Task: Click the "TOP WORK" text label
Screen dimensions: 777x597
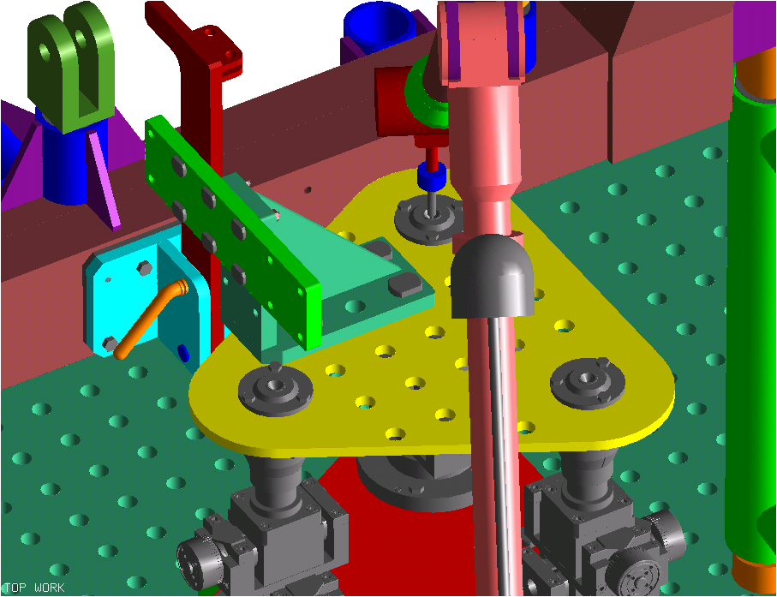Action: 34,588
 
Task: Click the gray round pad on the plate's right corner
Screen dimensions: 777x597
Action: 587,383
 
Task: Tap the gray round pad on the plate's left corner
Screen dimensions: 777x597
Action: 275,389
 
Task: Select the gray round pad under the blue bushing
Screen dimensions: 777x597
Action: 427,219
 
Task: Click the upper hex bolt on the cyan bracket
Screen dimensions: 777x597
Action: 144,267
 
